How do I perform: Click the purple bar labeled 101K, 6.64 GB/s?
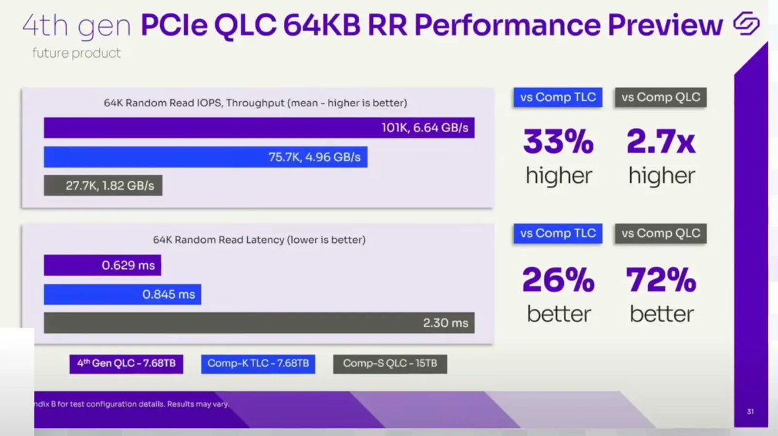pos(259,128)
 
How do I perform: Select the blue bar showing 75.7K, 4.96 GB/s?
pos(206,157)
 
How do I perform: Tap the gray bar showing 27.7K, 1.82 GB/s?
pos(103,185)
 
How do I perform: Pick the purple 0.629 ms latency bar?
pos(102,265)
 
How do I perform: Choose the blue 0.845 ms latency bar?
pos(123,294)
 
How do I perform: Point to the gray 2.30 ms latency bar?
pos(259,323)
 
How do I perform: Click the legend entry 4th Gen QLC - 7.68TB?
pos(126,363)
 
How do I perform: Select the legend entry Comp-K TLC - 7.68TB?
pos(258,363)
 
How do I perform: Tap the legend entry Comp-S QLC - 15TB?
pos(390,363)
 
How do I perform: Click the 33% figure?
pos(558,143)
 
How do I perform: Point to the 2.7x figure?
pos(661,143)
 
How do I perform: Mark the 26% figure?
pos(558,281)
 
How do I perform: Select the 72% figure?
pos(661,281)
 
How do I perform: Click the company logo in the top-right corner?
pos(746,25)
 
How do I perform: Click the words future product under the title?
pos(77,53)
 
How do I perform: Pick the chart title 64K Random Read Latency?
pos(259,240)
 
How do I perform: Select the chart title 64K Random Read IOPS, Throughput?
pos(255,103)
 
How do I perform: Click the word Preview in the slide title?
pos(655,25)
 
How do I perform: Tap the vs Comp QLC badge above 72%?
pos(661,233)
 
